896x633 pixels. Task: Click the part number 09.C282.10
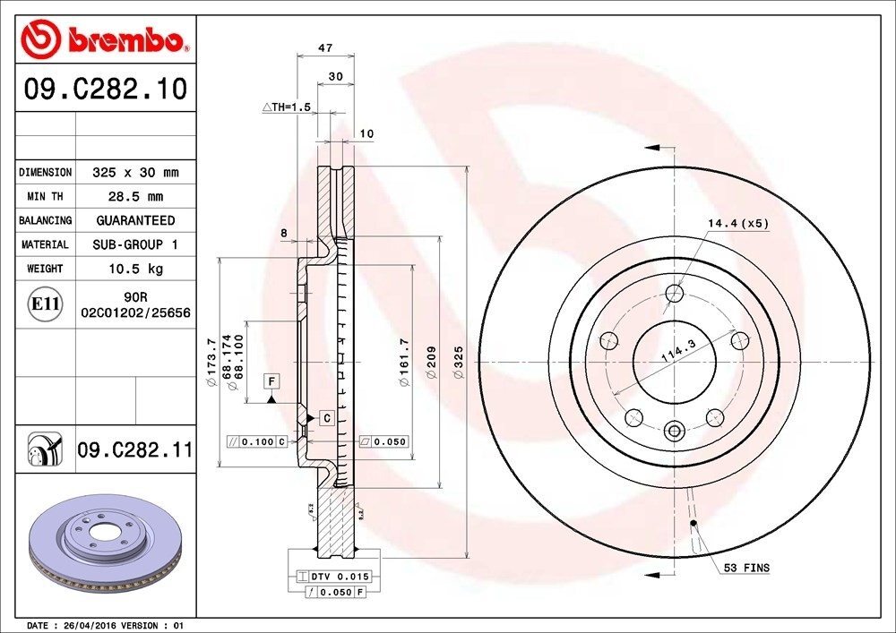pos(106,90)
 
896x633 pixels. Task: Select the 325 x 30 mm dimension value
pos(135,172)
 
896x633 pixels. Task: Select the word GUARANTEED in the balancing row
pos(135,220)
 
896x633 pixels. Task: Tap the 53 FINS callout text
pos(746,568)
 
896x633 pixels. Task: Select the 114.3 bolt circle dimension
pos(678,354)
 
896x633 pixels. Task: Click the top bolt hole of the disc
pos(675,292)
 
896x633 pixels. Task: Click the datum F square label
pos(269,382)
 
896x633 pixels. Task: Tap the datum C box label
pos(326,418)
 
